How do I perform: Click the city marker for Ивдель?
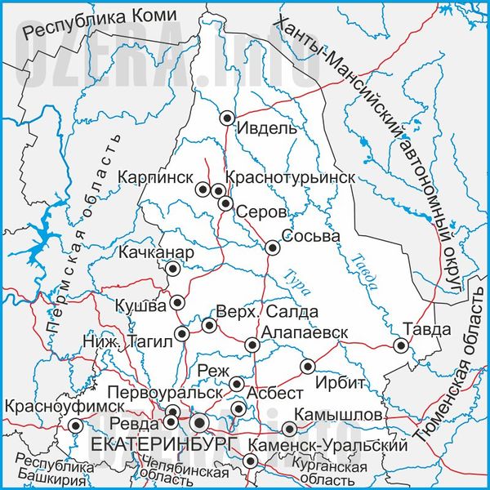[x=228, y=118]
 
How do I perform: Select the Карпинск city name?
[x=155, y=177]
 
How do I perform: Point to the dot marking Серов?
[x=226, y=203]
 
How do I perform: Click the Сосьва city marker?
[x=272, y=247]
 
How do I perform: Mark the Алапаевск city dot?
[x=252, y=345]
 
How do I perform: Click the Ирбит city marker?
[x=308, y=367]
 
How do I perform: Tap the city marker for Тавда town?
[x=400, y=345]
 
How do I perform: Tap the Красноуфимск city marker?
[x=75, y=425]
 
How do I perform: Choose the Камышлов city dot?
[x=289, y=429]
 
